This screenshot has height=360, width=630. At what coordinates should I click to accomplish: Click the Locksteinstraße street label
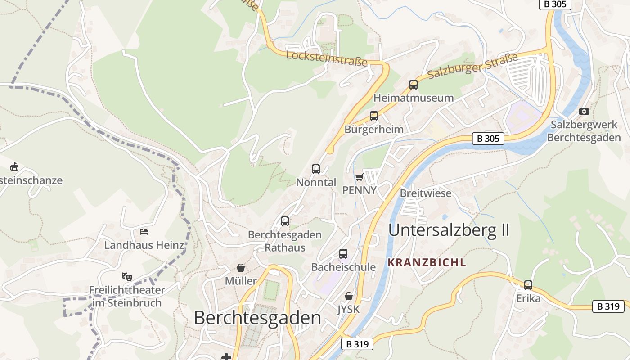point(327,58)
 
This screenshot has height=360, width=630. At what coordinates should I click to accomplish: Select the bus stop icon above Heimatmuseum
point(413,84)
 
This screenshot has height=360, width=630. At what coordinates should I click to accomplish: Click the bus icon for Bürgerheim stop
point(373,116)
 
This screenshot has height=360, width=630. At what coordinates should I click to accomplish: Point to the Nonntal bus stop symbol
point(316,169)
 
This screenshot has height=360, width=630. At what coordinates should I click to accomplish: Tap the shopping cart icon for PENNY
point(359,177)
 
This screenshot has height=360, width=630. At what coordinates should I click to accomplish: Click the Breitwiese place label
point(425,193)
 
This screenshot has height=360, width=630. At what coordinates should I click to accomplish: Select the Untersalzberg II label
point(449,230)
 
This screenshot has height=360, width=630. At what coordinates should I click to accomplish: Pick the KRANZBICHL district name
point(427,263)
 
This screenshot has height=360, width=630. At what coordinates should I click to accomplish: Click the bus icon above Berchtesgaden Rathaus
point(284,221)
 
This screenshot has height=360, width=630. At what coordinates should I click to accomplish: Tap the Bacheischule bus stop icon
point(343,254)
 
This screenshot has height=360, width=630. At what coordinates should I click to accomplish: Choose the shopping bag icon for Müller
point(241,268)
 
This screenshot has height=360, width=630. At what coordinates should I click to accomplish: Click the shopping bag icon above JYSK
point(348,296)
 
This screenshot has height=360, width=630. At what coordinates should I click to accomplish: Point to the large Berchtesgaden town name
point(257,318)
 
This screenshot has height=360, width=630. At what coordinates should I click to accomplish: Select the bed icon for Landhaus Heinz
point(144,232)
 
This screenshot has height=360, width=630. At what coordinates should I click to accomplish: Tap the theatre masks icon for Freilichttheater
point(126,276)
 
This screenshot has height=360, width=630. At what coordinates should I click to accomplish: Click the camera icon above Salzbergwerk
point(584,111)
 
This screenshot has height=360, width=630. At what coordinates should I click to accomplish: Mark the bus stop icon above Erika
point(528,285)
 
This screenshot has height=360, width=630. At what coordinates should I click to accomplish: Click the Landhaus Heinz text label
point(144,245)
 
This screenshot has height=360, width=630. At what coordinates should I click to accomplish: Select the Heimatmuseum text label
point(413,98)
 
